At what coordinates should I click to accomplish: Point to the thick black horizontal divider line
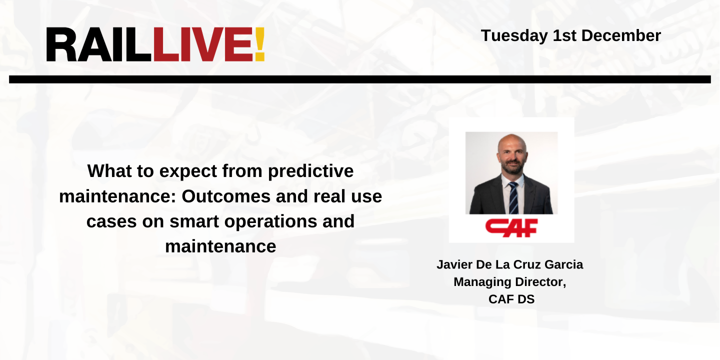pos(359,79)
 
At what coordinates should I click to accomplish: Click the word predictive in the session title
pos(310,171)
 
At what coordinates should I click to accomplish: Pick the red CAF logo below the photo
pos(511,227)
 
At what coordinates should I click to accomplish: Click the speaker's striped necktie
pos(512,198)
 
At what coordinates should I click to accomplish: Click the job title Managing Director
pos(509,282)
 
